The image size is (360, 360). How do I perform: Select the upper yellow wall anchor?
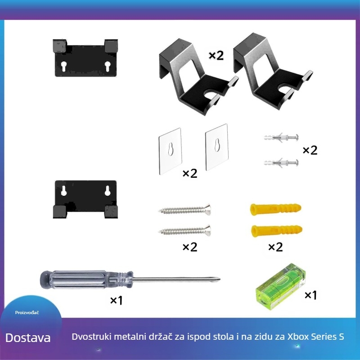point(274,209)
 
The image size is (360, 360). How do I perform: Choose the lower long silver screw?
point(184,231)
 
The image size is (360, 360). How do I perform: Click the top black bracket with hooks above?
point(85,58)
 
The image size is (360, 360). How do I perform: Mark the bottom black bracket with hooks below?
point(85,199)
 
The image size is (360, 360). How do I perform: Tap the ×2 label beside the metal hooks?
point(216,55)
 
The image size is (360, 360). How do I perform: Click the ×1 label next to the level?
point(311,295)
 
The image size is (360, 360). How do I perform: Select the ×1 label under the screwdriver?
point(116,301)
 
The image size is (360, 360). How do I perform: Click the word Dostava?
point(28,338)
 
